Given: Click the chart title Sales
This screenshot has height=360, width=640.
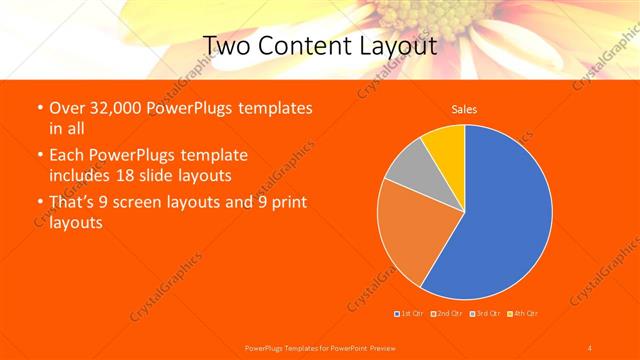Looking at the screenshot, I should click(x=464, y=108).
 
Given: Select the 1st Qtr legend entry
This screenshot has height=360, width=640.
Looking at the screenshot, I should click(x=411, y=314).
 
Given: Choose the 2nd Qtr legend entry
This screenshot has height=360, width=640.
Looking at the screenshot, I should click(x=447, y=314).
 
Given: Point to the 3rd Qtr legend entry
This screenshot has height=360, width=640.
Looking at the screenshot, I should click(x=483, y=314).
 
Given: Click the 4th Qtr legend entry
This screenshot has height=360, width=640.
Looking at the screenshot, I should click(x=521, y=314).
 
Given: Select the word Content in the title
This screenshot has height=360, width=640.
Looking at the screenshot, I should click(x=305, y=45).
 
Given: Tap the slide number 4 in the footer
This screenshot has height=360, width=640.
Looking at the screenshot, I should click(x=589, y=347).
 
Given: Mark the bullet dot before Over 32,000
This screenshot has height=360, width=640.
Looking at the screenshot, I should click(x=38, y=108).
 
